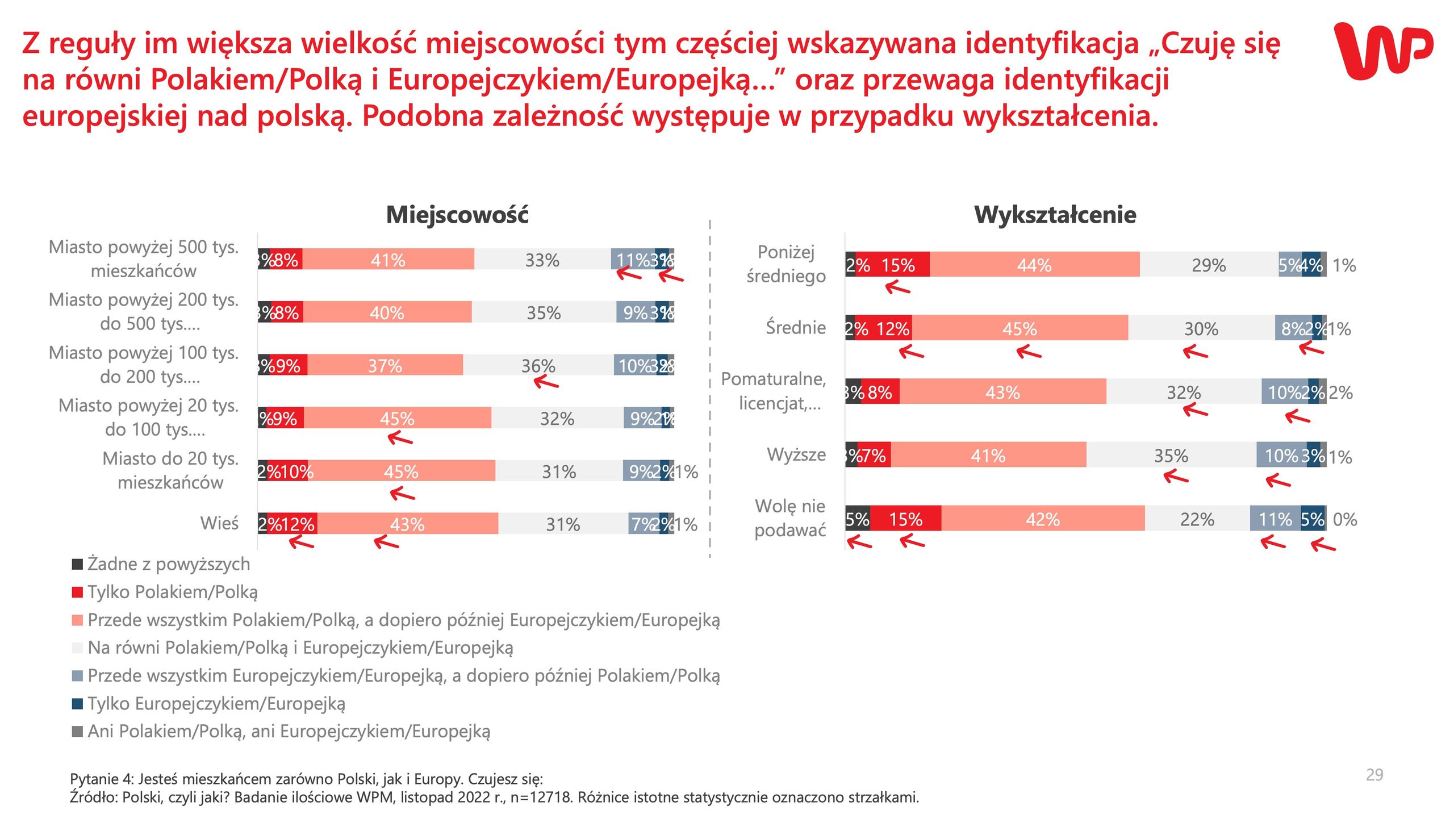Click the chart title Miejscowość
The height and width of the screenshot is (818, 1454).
point(457,215)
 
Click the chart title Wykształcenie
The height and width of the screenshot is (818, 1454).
point(1055,215)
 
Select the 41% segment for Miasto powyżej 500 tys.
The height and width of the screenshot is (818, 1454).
point(388,260)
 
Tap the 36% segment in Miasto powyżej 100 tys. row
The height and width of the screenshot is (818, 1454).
point(538,365)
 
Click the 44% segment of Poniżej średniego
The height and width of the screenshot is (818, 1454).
point(1034,265)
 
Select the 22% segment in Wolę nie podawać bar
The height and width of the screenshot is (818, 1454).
point(1197,519)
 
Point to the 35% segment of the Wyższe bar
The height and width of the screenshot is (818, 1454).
point(1171,455)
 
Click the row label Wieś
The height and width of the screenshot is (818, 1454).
point(219,523)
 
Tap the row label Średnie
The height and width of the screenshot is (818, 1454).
point(795,328)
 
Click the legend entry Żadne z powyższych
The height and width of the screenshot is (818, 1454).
point(168,564)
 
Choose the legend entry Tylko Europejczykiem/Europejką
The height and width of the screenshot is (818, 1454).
point(216,704)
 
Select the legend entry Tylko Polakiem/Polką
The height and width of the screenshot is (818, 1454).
point(172,592)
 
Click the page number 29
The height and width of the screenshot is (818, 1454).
point(1374,775)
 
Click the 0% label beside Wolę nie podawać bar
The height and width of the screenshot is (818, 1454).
point(1344,519)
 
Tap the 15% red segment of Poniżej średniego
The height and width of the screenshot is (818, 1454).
point(897,265)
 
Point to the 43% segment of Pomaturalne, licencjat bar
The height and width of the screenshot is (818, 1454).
point(1002,392)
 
